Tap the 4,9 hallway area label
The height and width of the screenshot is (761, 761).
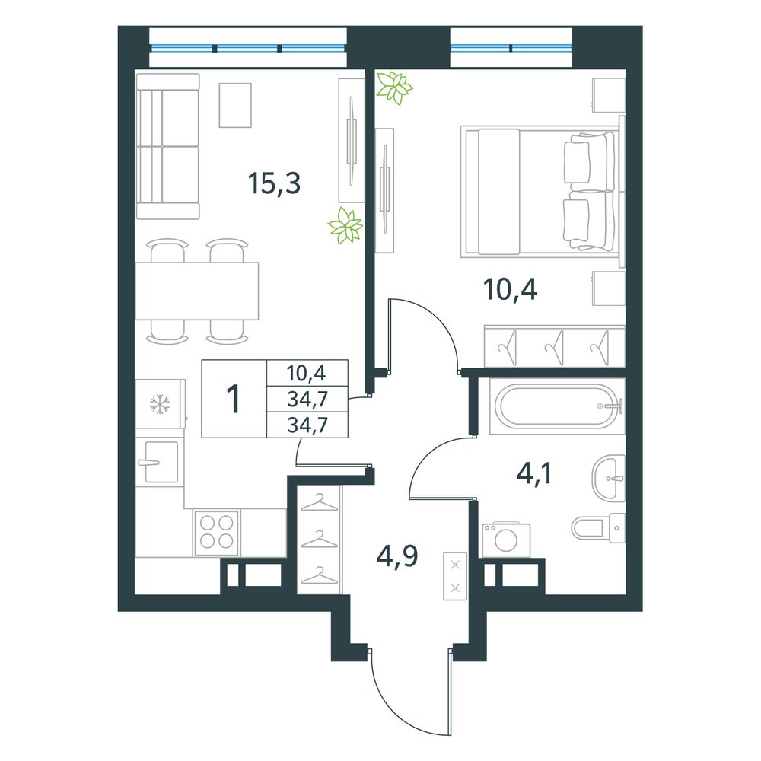coord(397,556)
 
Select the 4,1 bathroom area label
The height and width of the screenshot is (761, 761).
coord(534,473)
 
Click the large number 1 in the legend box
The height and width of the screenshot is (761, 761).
coord(234,399)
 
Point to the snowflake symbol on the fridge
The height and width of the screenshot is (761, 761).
coord(160,405)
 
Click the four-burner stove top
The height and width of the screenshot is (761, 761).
coord(216,533)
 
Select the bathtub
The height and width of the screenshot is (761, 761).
coord(557,406)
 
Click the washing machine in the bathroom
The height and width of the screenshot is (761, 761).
coord(506,540)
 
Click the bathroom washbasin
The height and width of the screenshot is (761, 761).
coord(608,478)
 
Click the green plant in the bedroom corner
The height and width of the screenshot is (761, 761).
coord(394,88)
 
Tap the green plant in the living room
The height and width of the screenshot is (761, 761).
coord(345,226)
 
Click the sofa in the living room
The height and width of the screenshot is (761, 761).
coord(168,146)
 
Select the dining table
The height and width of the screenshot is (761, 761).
coord(196,291)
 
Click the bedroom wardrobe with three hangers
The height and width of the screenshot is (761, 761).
coord(554,346)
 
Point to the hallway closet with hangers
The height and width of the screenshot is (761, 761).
coord(320,540)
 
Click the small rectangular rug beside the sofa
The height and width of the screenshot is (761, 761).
coord(235,105)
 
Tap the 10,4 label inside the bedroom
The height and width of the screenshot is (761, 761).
coord(510,290)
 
